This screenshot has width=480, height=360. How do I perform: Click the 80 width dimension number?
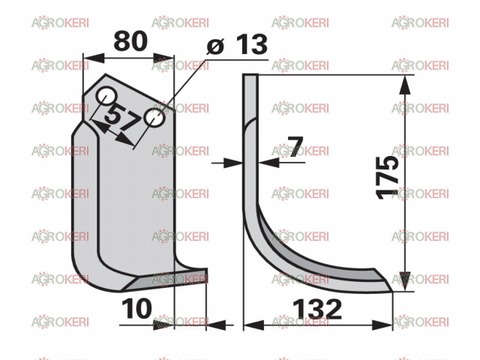coord(130,41)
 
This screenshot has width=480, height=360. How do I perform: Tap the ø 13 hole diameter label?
coord(237,44)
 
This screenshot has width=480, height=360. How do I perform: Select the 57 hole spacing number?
coord(121,118)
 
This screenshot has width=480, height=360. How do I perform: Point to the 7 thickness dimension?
coord(295,147)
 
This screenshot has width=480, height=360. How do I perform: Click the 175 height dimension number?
coord(387,178)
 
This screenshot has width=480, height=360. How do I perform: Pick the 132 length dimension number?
coord(317,309)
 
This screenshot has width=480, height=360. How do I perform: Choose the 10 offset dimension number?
coord(136,308)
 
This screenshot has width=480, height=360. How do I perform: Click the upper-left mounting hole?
coord(106,96)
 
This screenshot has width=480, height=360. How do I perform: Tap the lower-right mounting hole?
coord(155,118)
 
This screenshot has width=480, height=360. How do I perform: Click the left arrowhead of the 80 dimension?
coord(94,58)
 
